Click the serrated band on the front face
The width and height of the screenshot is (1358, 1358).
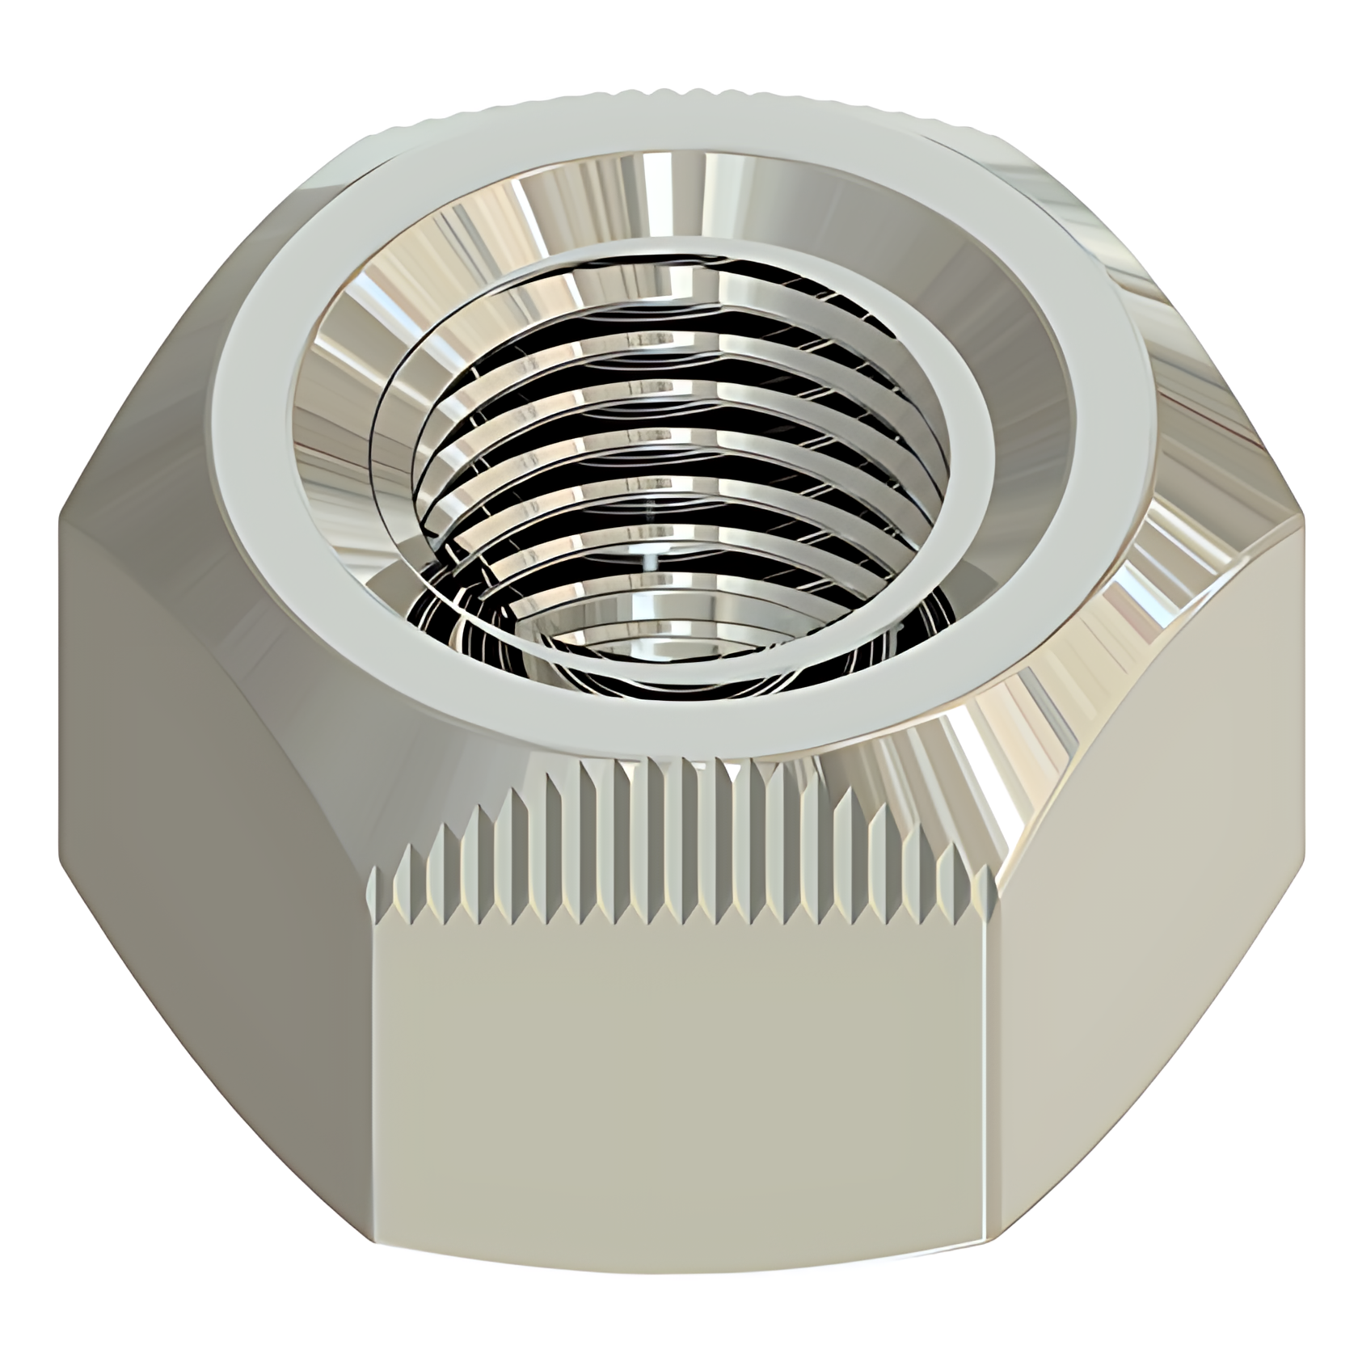coord(679,857)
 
